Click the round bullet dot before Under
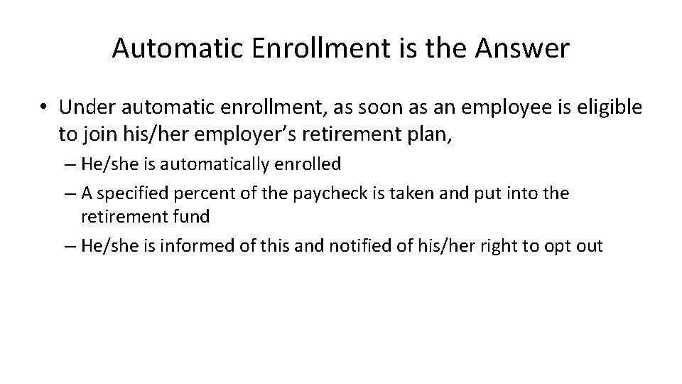[44, 107]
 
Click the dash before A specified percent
[73, 193]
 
